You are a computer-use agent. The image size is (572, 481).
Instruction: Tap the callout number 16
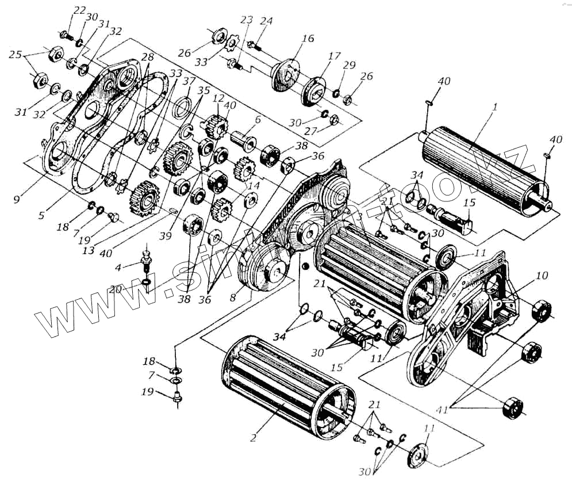308,39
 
